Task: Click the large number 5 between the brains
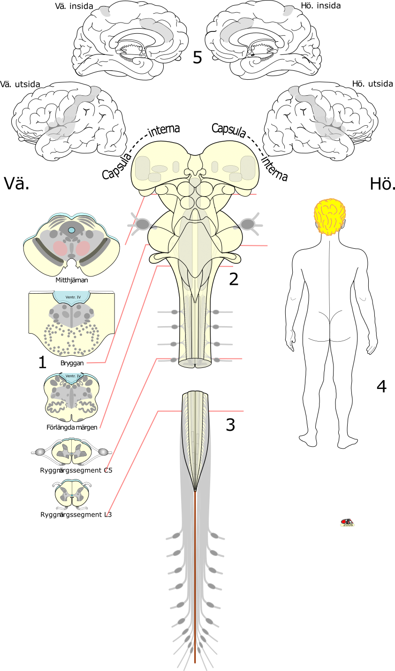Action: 197,58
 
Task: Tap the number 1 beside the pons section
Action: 42,362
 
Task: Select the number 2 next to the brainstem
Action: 234,280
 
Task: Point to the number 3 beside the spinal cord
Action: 230,425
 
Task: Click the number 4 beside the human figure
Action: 381,387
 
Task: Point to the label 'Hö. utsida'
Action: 372,84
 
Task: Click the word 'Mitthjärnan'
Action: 72,280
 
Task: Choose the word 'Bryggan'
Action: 72,363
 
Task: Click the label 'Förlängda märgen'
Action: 72,427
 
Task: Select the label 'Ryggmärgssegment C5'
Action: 76,470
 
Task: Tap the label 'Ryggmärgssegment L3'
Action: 76,515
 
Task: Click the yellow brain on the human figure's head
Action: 330,216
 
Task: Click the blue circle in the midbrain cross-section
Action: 71,230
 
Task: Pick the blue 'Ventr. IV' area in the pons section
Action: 71,297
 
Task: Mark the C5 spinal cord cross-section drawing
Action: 71,451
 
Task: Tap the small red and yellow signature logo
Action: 347,523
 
